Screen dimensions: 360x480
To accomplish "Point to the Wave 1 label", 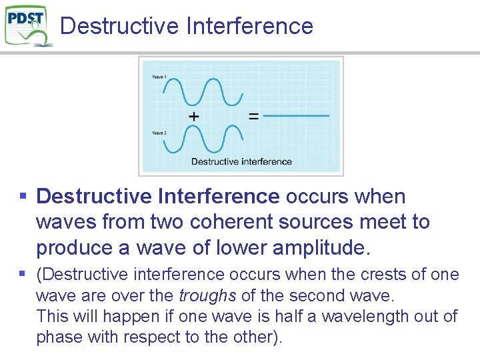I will [x=159, y=77].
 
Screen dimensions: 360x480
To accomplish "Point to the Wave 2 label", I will [x=159, y=133].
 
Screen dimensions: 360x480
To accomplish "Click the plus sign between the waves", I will [x=193, y=116].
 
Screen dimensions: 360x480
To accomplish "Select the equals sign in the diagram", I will [x=253, y=116].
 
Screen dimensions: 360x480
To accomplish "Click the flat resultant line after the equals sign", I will [x=297, y=116].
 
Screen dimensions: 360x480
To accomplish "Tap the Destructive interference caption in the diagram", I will [x=241, y=161].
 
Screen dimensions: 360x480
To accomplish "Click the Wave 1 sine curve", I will [x=203, y=91].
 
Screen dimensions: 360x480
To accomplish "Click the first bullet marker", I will [x=23, y=197].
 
